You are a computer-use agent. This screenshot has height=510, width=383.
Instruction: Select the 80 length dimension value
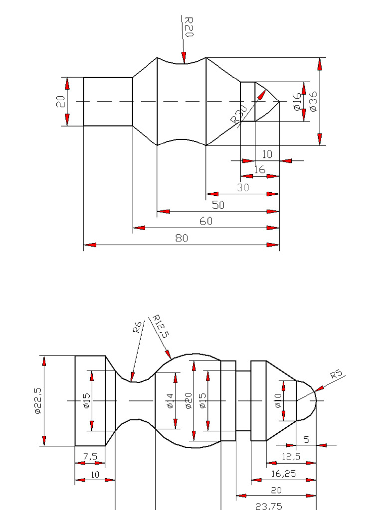point(182,238)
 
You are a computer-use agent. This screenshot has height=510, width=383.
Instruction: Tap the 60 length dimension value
point(206,221)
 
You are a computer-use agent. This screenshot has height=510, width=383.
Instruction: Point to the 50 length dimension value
point(218,205)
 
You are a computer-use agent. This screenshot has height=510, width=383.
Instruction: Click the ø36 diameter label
point(314,101)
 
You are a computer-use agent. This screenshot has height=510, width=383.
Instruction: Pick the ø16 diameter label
point(298,102)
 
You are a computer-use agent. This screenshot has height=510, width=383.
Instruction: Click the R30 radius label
point(238,114)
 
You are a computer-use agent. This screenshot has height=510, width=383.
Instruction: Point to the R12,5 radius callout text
point(160,326)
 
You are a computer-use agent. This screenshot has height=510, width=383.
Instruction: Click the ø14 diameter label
point(170,401)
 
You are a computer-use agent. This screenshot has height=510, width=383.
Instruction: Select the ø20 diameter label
point(188,401)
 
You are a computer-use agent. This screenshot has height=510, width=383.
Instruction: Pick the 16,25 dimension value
point(283,473)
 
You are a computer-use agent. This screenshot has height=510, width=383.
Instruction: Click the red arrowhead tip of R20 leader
point(185,62)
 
